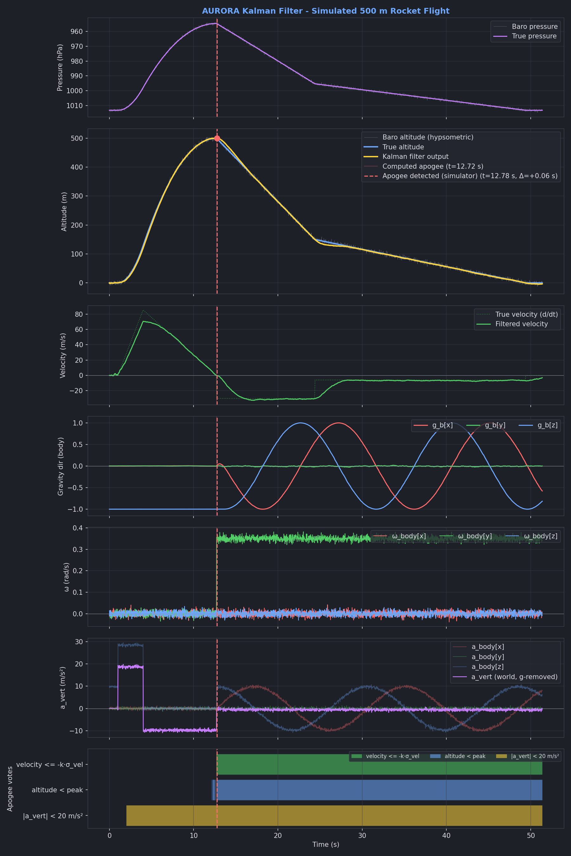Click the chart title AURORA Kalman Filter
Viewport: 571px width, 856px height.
tap(325, 11)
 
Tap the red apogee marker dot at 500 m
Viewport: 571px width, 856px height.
tap(217, 138)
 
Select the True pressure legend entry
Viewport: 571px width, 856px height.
tap(534, 36)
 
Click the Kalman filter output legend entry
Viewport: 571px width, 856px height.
tap(415, 157)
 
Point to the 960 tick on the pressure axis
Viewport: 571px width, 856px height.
tap(76, 32)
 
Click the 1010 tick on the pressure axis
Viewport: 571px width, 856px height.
tap(74, 106)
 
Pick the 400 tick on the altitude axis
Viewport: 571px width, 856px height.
tap(76, 167)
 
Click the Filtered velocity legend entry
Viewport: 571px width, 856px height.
tap(521, 324)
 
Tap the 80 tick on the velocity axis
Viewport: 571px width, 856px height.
tap(79, 314)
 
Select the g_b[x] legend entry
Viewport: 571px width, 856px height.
tap(442, 425)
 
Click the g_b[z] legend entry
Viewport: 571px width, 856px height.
tap(547, 425)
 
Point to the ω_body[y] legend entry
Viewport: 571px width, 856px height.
tap(475, 536)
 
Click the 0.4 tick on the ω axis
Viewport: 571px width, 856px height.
tap(78, 528)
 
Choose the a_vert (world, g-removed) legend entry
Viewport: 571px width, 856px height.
tap(514, 677)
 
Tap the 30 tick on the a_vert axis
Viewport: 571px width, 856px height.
tap(79, 642)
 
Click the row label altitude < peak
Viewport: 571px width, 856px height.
tap(57, 790)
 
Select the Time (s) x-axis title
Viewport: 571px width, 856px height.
tap(325, 844)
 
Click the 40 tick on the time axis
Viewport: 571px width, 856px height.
tap(446, 836)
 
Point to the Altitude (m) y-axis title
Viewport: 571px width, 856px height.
tap(64, 211)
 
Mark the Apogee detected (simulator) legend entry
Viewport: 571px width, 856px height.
tap(469, 176)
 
